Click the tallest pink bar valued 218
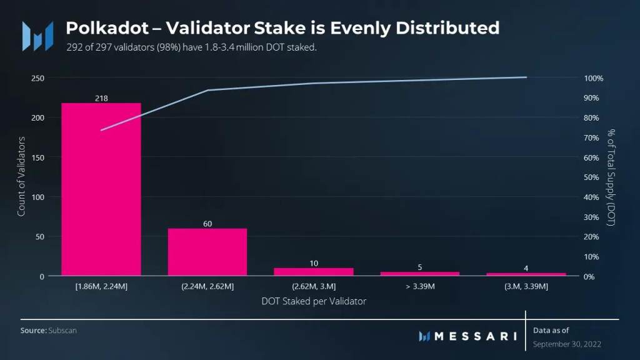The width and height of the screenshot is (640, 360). point(101,189)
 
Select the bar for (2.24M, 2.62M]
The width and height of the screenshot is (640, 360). point(207,252)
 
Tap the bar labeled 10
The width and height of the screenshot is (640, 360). point(314,272)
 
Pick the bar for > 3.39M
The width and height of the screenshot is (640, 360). point(420,274)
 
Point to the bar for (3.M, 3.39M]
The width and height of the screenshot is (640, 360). point(526,274)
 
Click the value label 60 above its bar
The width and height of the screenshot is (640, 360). point(207,223)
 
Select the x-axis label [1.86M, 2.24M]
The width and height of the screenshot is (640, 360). point(101,286)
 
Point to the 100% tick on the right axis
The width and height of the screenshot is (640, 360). point(593,78)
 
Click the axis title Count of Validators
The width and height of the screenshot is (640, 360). point(21,177)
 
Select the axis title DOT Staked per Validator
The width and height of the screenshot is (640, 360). point(313,301)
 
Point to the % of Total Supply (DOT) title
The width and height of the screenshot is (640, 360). point(611,177)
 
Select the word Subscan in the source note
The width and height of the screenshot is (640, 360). point(62,329)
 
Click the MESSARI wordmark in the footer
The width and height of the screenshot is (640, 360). point(475,336)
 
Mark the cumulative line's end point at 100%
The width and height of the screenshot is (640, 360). point(526,77)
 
